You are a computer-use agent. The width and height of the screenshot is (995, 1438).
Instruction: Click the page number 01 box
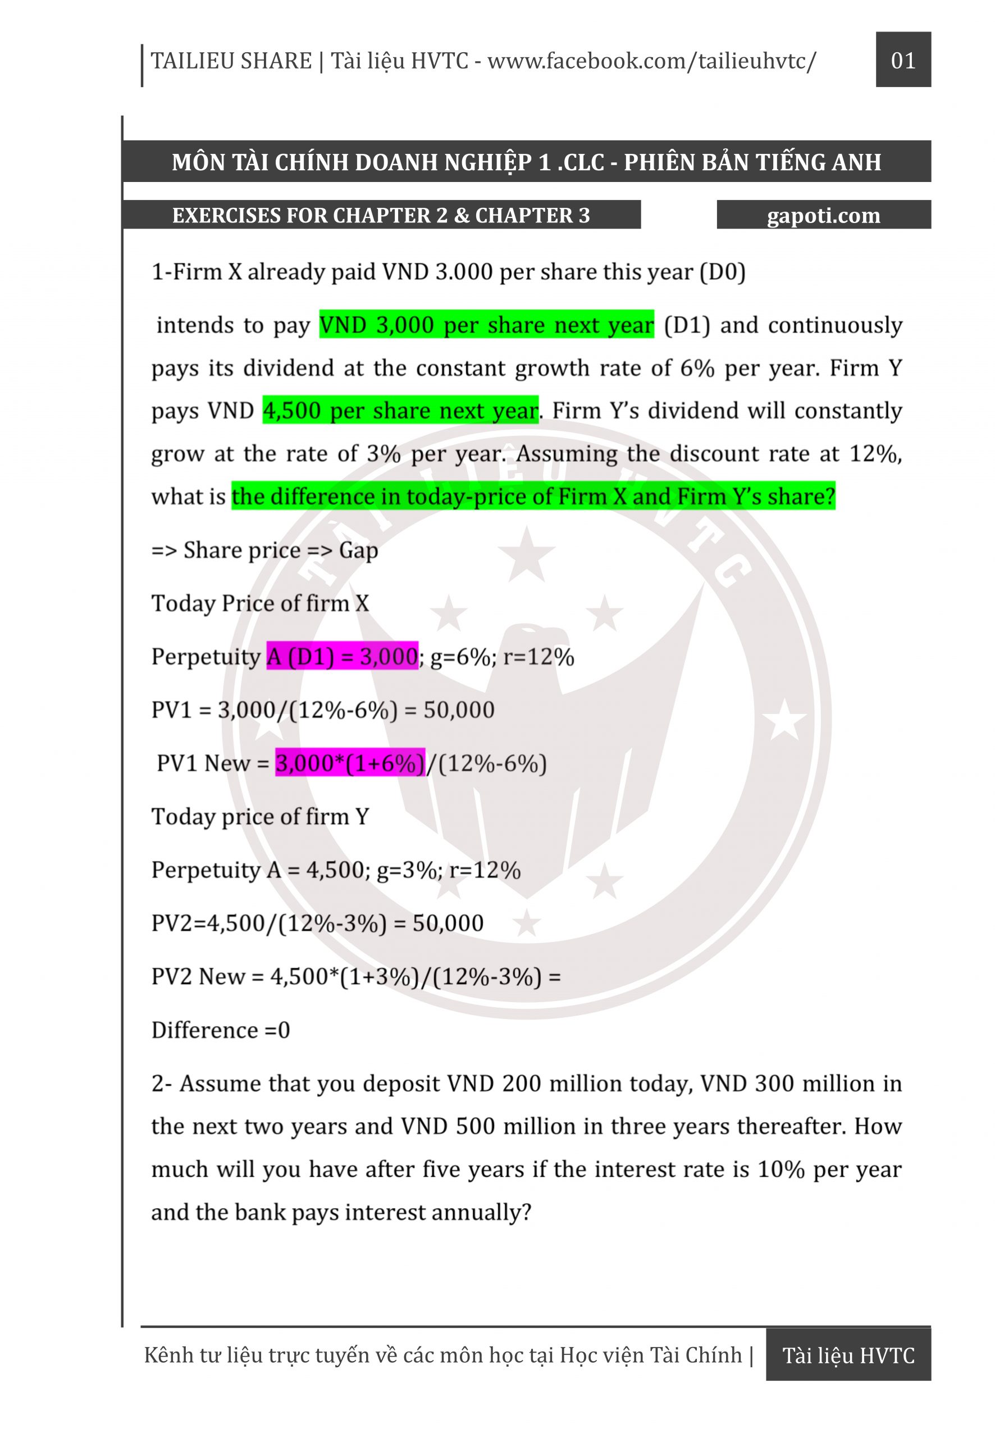point(903,60)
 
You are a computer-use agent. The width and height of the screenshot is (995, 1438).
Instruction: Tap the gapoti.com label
point(823,215)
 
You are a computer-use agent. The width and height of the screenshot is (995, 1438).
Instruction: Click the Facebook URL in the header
point(651,61)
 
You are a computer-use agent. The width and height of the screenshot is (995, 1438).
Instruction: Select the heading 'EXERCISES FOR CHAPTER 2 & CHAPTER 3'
point(381,215)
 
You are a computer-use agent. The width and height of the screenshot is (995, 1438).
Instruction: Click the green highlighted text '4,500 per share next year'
point(400,410)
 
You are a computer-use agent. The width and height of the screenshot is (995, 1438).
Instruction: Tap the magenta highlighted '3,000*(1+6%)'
point(350,763)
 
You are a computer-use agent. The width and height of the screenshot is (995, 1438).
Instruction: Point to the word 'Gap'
point(358,550)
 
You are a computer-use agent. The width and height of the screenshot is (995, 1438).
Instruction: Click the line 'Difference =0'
point(221,1030)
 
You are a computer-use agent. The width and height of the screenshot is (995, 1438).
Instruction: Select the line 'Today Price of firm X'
point(260,603)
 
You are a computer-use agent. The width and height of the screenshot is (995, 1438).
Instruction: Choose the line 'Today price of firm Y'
point(260,816)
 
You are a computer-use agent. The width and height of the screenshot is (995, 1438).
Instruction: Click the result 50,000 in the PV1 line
point(459,709)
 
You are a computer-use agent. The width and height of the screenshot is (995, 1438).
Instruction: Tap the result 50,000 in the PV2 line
point(448,923)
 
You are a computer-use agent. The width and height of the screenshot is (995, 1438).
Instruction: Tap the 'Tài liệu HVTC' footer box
point(848,1355)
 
